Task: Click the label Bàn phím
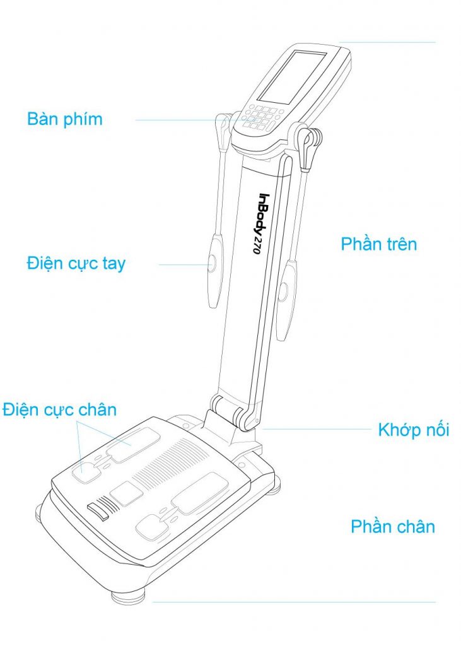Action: (x=65, y=119)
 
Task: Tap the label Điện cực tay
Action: (x=76, y=264)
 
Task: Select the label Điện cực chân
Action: (x=60, y=410)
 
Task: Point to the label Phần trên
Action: (x=379, y=244)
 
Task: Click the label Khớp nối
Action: (x=414, y=430)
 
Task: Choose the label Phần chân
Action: (x=393, y=527)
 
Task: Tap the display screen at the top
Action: (x=292, y=76)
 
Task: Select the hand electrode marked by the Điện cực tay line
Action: (x=215, y=270)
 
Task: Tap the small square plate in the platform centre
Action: (x=127, y=493)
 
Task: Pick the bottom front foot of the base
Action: (x=129, y=597)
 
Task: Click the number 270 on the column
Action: (x=257, y=245)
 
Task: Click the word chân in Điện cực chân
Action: (x=97, y=410)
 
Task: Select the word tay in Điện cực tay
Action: (x=114, y=264)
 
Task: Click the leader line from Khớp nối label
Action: (x=317, y=429)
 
